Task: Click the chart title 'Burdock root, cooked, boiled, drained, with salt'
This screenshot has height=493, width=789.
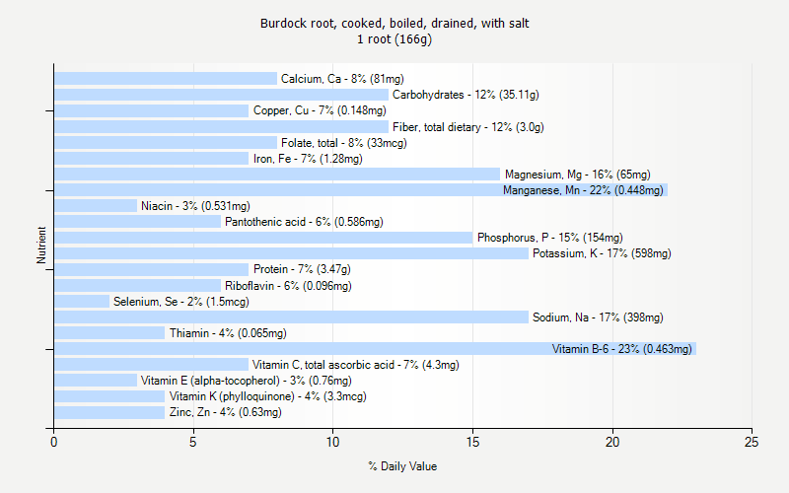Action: click(394, 23)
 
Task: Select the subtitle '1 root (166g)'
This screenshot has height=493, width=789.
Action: click(394, 39)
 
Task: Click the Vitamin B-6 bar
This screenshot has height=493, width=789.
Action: click(375, 349)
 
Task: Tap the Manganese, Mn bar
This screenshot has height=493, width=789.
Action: click(360, 190)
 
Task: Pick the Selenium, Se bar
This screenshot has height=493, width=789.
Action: click(82, 302)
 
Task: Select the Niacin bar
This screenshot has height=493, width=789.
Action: click(96, 206)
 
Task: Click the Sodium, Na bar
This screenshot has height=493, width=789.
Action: click(291, 317)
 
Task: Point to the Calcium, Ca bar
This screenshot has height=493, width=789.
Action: click(166, 79)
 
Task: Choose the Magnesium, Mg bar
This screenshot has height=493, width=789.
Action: click(277, 175)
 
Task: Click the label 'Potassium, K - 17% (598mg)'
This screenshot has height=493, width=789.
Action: click(602, 253)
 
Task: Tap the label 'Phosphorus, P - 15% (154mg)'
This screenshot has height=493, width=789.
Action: click(550, 238)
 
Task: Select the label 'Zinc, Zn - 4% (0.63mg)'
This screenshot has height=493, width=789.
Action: click(225, 412)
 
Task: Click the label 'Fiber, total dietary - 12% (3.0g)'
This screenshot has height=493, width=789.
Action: click(468, 127)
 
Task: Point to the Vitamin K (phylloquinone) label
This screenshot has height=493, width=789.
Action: click(267, 396)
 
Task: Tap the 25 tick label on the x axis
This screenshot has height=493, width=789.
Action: click(753, 443)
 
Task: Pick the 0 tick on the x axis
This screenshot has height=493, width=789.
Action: click(54, 443)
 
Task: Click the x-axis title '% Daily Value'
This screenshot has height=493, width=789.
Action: click(402, 466)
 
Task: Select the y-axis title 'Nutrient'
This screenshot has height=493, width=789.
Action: click(41, 246)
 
